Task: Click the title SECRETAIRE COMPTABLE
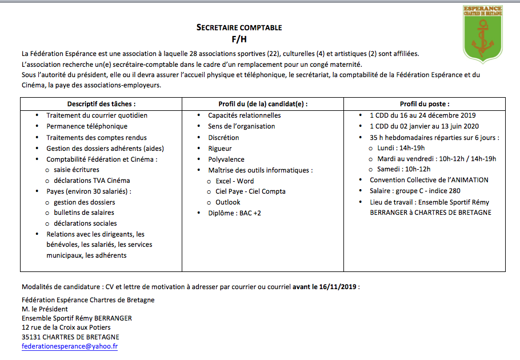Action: (239, 27)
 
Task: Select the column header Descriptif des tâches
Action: (101, 104)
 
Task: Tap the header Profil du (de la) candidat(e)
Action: (263, 104)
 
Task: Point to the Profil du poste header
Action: (424, 104)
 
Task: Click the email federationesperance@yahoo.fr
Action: (70, 346)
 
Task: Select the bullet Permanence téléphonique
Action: (87, 126)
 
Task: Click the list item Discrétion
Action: (223, 138)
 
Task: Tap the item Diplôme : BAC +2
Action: (234, 213)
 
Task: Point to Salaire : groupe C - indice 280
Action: (415, 191)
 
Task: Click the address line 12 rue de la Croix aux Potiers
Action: (66, 327)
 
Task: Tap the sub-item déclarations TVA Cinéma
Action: (92, 181)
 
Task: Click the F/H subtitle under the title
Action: (239, 39)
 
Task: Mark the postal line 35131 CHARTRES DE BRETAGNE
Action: (70, 337)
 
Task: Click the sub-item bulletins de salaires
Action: (84, 213)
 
